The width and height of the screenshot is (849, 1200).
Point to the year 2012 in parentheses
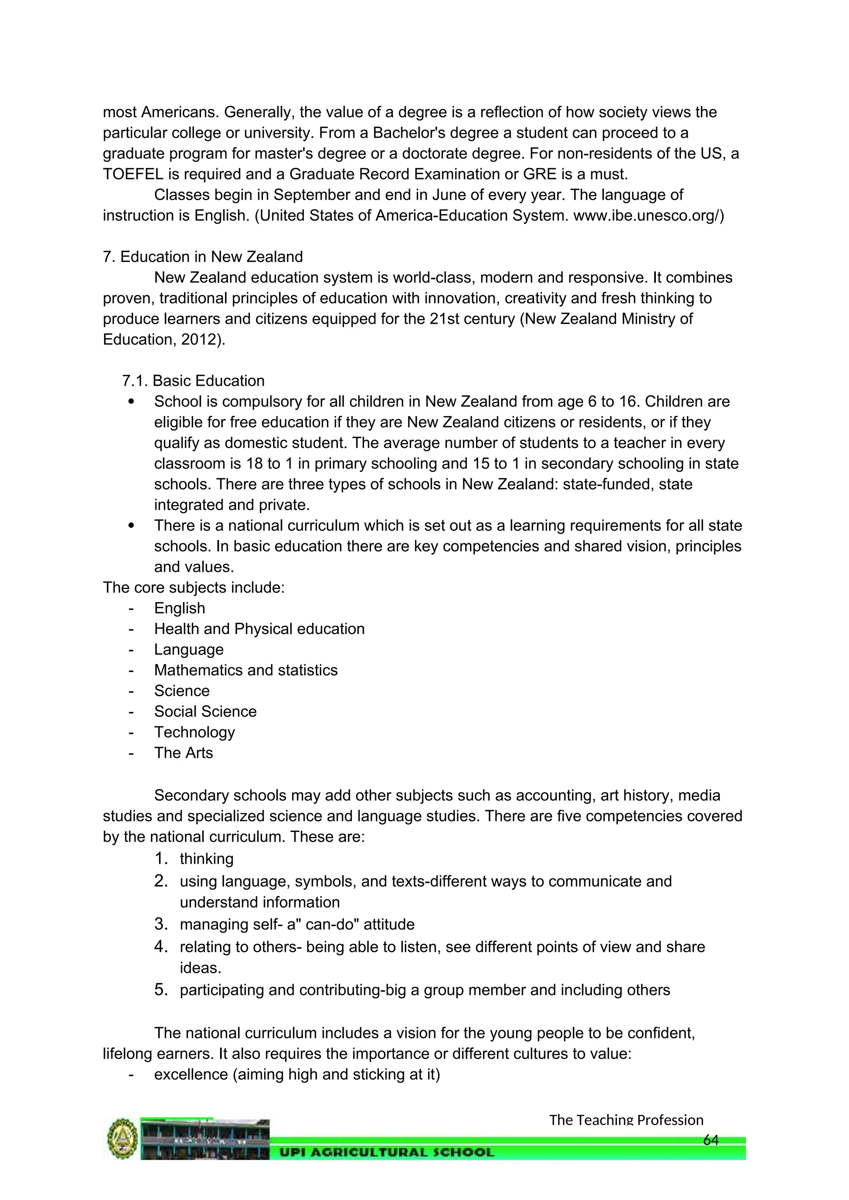[x=199, y=339]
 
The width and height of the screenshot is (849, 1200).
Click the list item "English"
[x=180, y=608]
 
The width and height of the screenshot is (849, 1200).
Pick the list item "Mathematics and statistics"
[x=246, y=670]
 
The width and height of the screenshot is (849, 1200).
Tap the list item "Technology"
[x=194, y=732]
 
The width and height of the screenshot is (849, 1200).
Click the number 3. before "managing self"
[x=161, y=924]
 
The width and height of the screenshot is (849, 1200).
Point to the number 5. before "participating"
[x=161, y=990]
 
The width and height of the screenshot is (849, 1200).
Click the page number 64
[x=711, y=1140]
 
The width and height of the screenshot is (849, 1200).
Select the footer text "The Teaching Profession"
[x=626, y=1120]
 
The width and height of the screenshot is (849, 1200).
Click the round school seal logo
[x=123, y=1138]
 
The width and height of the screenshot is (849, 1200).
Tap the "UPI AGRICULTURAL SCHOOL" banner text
[x=386, y=1152]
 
